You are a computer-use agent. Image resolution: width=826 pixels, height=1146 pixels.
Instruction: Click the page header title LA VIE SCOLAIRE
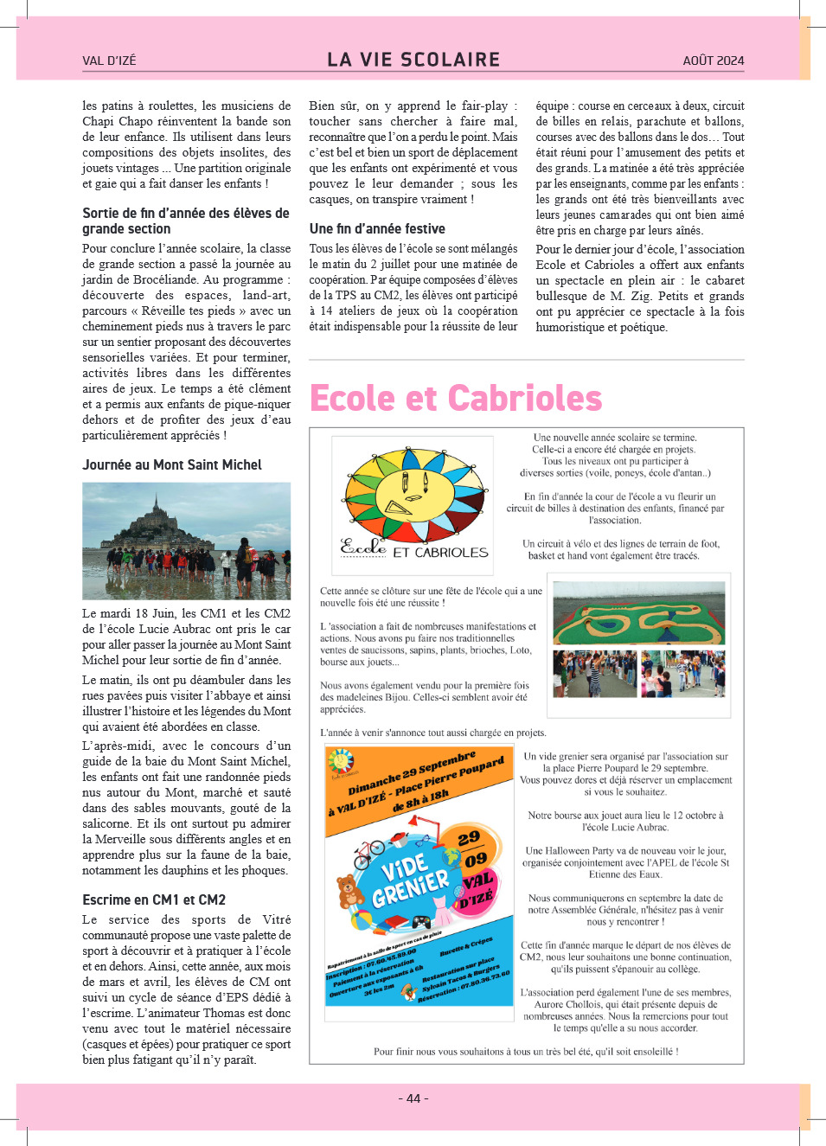[413, 60]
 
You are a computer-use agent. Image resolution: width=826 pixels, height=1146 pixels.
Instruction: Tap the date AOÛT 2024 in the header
[713, 61]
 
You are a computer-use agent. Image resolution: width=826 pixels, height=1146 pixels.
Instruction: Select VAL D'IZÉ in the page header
[109, 61]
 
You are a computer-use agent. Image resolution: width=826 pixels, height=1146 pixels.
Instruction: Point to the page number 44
[413, 1098]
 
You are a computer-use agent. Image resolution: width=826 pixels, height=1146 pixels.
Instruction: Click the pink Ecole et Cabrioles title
[456, 399]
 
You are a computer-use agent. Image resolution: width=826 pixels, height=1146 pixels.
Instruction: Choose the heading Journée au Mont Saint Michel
[172, 465]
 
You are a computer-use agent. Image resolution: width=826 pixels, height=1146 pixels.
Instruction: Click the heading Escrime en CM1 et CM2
[154, 900]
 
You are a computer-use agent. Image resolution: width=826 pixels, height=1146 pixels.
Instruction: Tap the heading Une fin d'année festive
[377, 229]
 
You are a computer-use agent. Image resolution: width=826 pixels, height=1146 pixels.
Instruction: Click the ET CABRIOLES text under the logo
[440, 553]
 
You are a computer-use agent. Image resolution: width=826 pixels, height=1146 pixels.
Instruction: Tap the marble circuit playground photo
[638, 612]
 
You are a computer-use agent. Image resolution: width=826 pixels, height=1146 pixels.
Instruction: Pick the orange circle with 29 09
[472, 850]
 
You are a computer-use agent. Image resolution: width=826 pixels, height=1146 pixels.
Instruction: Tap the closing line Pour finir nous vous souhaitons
[526, 1052]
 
